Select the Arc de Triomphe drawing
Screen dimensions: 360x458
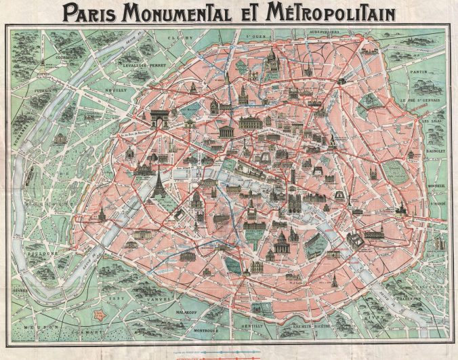159,118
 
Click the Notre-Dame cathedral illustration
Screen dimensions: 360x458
295,201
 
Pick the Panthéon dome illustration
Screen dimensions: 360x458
281,241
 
